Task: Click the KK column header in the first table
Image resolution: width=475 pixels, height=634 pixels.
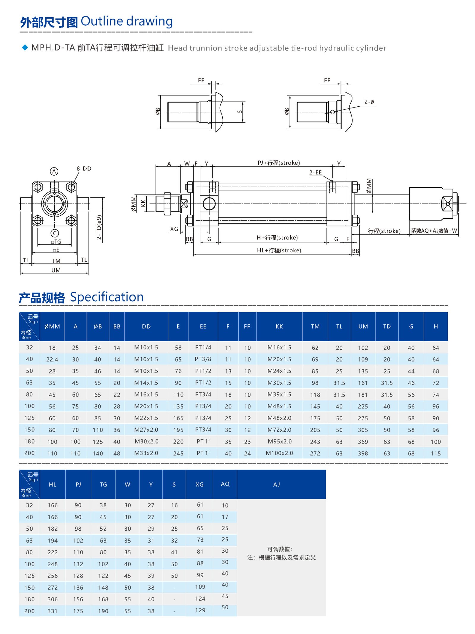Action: tap(279, 326)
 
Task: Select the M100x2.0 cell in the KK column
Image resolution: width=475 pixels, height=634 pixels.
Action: tap(279, 453)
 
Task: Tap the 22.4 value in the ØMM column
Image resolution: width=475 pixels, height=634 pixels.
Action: tap(52, 359)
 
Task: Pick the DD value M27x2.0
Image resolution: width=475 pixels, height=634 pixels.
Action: tap(146, 430)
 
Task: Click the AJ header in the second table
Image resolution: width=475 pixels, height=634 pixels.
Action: tap(276, 484)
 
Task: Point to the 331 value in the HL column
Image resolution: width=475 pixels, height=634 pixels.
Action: tap(53, 611)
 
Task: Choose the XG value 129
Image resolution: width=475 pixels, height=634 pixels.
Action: tap(200, 610)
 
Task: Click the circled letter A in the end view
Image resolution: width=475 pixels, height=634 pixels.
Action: tap(54, 171)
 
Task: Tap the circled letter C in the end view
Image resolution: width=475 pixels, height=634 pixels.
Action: tap(55, 233)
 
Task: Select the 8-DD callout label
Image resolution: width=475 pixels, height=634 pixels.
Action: tap(84, 168)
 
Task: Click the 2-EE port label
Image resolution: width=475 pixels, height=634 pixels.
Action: tap(315, 172)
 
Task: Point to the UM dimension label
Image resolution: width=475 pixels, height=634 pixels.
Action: tap(56, 270)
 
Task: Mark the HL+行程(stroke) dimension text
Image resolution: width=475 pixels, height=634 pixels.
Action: tap(279, 250)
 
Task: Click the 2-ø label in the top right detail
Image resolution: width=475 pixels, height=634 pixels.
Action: tap(369, 102)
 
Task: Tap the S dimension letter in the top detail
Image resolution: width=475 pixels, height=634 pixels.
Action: tap(240, 112)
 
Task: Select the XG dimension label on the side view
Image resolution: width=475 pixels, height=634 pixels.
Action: tap(174, 229)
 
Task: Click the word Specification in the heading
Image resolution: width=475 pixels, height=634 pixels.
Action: tap(107, 297)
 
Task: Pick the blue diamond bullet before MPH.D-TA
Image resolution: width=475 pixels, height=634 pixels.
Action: tap(25, 48)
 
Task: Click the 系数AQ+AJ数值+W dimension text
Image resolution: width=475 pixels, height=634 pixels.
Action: tap(434, 231)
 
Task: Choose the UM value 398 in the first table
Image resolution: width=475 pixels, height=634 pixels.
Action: tap(363, 453)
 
